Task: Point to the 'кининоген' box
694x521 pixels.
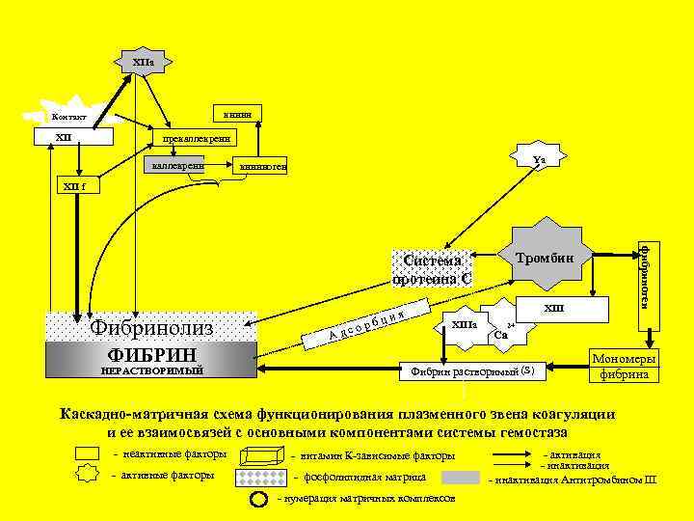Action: click(263, 168)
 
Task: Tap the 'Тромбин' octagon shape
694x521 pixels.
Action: click(546, 257)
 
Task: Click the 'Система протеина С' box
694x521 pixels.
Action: click(432, 269)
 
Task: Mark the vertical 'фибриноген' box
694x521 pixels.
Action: click(644, 274)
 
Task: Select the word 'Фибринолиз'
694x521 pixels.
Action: click(150, 328)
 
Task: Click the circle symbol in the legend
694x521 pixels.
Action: click(259, 499)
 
